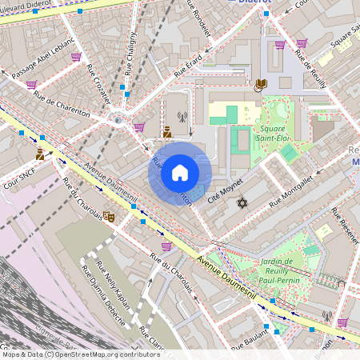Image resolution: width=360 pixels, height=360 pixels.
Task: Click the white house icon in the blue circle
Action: [180, 172]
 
